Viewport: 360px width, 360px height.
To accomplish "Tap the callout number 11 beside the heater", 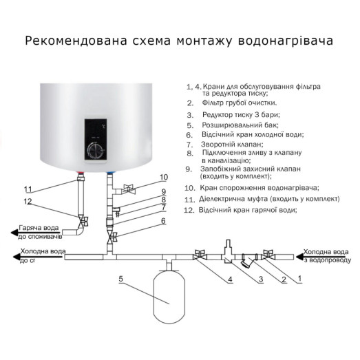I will point(28,189).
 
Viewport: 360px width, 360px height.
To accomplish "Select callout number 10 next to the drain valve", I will point(163,177).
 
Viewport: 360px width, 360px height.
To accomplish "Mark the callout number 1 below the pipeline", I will point(299,279).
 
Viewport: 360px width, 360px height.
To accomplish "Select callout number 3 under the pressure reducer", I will point(261,279).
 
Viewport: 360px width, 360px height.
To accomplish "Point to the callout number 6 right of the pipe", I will point(163,221).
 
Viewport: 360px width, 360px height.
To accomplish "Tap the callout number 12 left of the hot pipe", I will point(28,202).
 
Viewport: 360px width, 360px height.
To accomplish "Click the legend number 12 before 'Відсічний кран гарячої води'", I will point(189,209).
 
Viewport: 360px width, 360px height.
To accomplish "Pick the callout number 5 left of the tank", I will point(120,278).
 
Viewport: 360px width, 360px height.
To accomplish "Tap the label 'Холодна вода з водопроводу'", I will point(327,256).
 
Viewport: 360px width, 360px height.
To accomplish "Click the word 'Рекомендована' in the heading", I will point(72,41).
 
